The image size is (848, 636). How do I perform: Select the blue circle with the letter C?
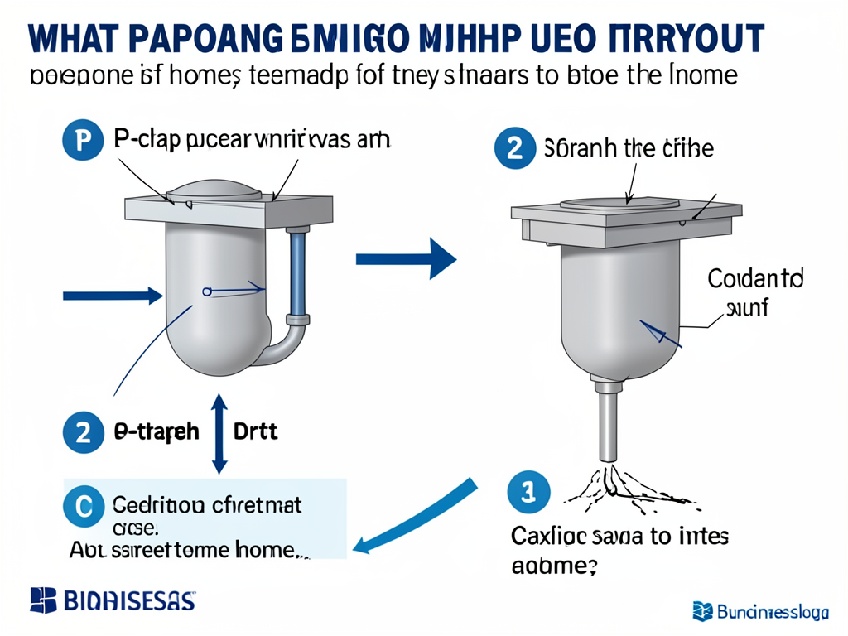(83, 505)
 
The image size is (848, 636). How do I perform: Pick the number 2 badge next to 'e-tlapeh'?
(83, 433)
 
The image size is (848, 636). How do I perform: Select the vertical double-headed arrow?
(219, 433)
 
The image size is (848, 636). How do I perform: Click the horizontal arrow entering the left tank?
(112, 294)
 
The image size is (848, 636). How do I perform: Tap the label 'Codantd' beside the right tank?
(755, 278)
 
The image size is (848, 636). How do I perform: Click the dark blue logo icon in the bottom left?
(42, 600)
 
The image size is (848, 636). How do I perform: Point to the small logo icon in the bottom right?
(703, 611)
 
